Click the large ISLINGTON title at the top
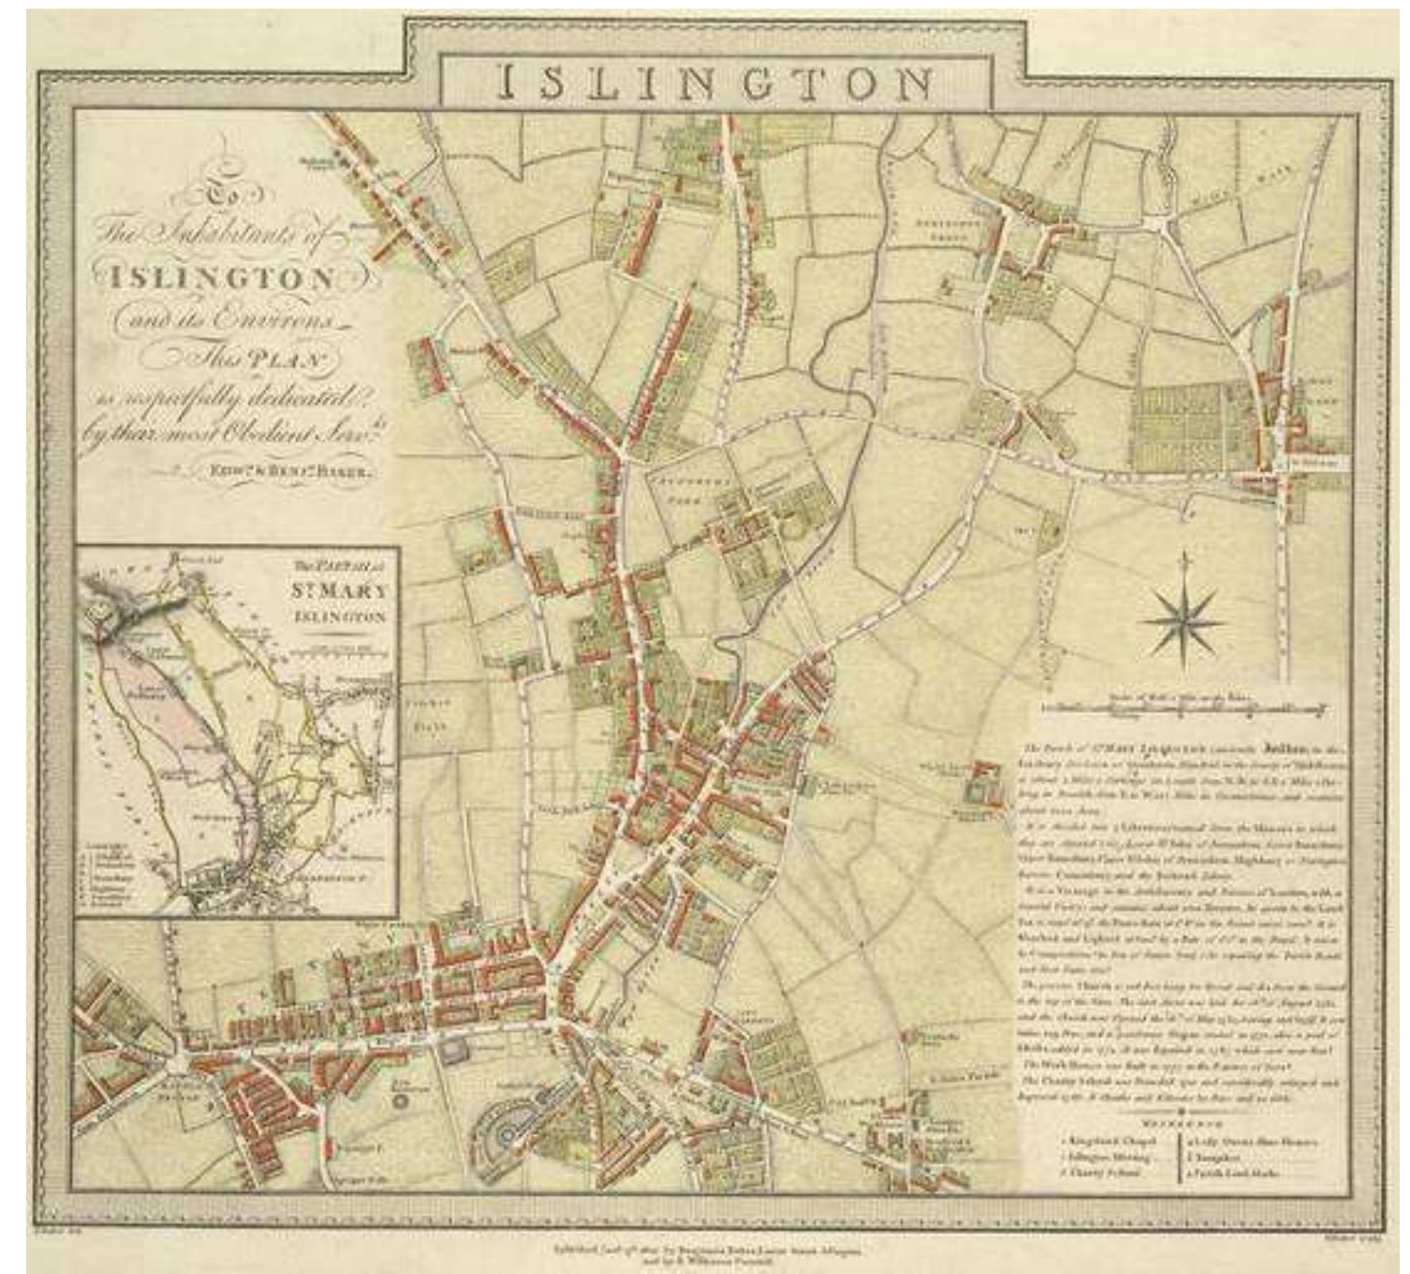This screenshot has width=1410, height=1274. coord(714,83)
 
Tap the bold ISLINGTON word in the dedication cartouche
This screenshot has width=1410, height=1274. coord(225,279)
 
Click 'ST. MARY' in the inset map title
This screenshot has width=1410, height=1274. coord(340,591)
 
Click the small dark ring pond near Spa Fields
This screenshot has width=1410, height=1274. coord(398,1101)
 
